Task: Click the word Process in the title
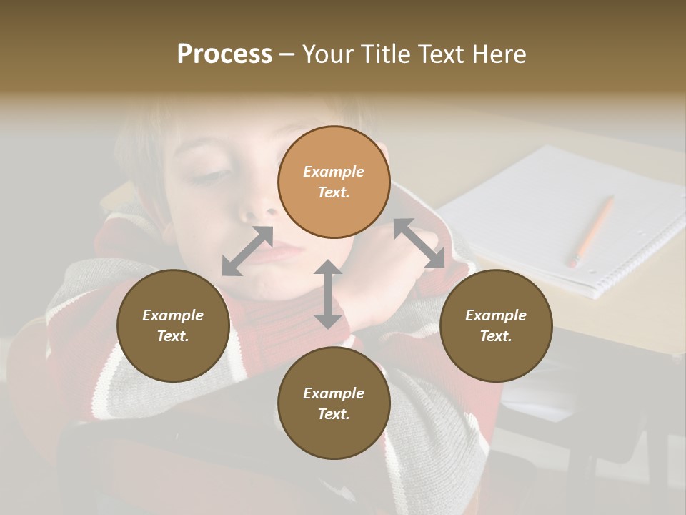click(224, 54)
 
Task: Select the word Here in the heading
click(498, 54)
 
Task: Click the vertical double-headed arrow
click(328, 295)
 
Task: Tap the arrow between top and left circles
click(247, 251)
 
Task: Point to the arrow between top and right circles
click(419, 243)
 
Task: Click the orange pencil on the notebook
click(592, 230)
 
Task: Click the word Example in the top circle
click(334, 172)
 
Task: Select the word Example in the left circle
click(173, 315)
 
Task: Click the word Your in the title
click(326, 54)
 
